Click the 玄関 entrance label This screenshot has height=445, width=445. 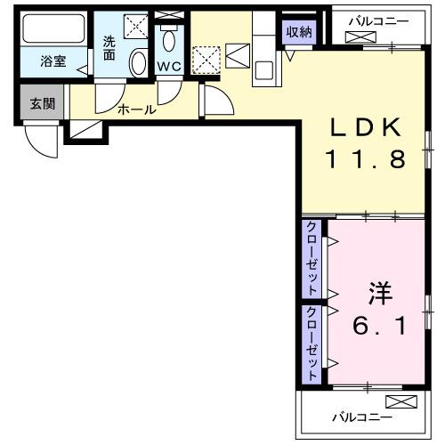coord(42,103)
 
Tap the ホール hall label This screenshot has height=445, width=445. coord(136,110)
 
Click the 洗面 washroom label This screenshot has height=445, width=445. coord(109,47)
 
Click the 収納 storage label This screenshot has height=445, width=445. coord(299,32)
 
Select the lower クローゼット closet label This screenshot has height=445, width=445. coord(313,343)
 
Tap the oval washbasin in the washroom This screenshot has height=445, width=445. coord(139,63)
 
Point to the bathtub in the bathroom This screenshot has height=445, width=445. coord(53,30)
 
